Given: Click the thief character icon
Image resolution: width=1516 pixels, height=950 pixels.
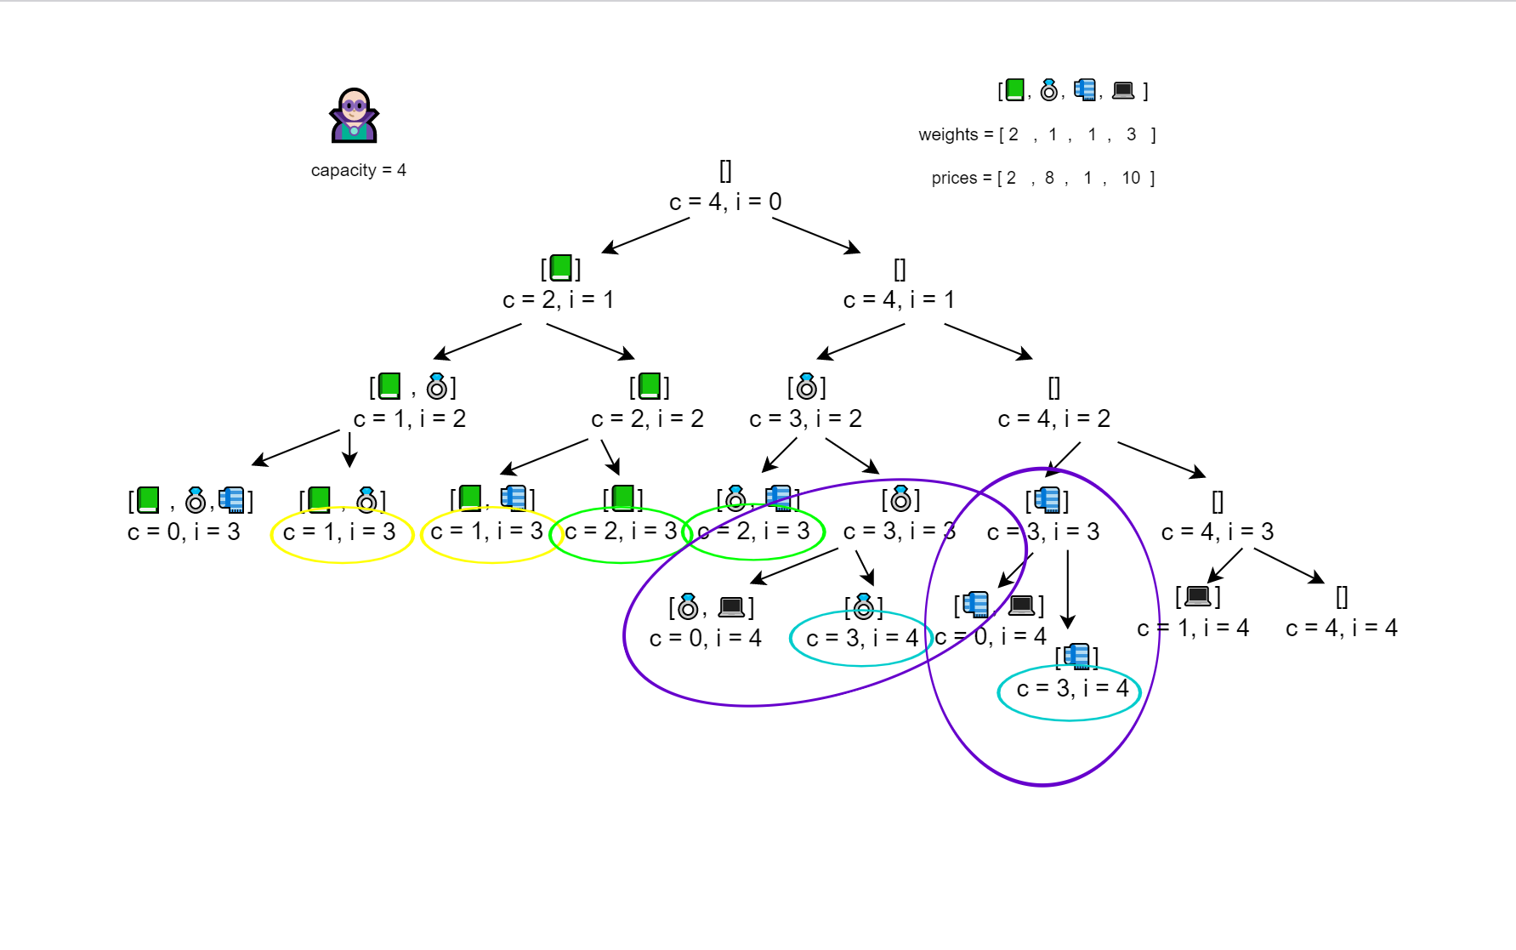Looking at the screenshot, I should pyautogui.click(x=354, y=116).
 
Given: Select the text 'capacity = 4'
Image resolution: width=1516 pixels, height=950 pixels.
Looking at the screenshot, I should pyautogui.click(x=358, y=170).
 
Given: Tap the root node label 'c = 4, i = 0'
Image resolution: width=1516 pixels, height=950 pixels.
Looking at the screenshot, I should pyautogui.click(x=724, y=202).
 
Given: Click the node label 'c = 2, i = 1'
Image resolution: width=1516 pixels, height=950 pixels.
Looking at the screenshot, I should pyautogui.click(x=558, y=299).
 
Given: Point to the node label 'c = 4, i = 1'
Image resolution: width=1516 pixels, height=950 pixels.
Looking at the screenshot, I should pyautogui.click(x=899, y=299).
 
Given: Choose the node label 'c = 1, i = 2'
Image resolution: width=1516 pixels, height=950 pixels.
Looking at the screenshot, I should pyautogui.click(x=409, y=418).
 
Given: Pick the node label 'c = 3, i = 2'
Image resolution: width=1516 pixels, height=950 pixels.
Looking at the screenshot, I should pyautogui.click(x=805, y=418).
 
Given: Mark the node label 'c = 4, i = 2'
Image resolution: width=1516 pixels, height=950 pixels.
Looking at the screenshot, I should pyautogui.click(x=1053, y=418).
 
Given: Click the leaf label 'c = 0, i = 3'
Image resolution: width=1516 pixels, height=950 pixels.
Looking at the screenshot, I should pyautogui.click(x=184, y=532).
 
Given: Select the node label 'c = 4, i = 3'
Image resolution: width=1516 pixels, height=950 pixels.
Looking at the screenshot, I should pyautogui.click(x=1217, y=532).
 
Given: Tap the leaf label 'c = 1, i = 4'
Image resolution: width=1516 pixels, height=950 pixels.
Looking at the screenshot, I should pyautogui.click(x=1193, y=628).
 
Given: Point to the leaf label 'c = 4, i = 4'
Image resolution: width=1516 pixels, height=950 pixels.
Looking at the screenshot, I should pyautogui.click(x=1341, y=628).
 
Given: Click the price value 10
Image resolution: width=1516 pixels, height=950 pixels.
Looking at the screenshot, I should pyautogui.click(x=1131, y=178).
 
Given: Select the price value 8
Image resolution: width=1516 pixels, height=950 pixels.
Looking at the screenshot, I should pyautogui.click(x=1049, y=178).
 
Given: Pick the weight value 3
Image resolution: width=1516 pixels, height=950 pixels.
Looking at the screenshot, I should pyautogui.click(x=1131, y=134).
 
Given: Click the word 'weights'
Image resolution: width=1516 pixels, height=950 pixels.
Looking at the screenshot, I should pyautogui.click(x=948, y=134).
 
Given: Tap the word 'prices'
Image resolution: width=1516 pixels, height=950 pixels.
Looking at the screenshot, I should pyautogui.click(x=954, y=178).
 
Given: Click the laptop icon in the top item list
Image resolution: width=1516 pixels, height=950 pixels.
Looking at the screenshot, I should pyautogui.click(x=1123, y=90).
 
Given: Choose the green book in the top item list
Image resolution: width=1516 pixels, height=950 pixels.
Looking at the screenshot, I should pyautogui.click(x=1014, y=89).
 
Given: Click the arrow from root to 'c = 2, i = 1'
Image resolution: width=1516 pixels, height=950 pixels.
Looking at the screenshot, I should pyautogui.click(x=645, y=236).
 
